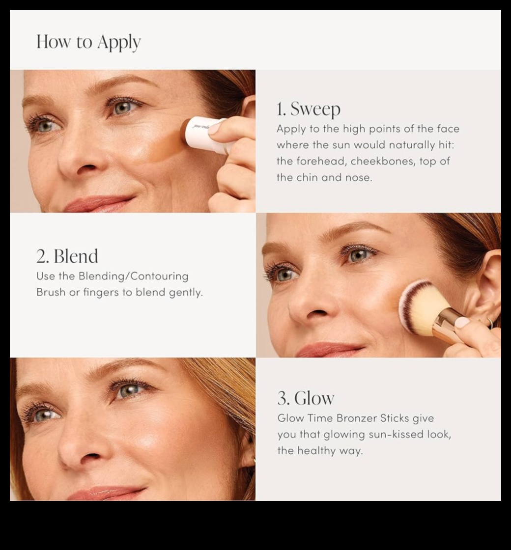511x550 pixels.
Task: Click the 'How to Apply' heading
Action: tap(88, 42)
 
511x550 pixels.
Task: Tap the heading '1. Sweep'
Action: tap(308, 109)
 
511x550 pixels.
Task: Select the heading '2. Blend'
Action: tap(67, 256)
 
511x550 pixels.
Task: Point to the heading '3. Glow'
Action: tap(306, 398)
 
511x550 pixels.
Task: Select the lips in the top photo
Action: tap(98, 203)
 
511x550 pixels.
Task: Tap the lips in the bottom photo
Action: tap(106, 493)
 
